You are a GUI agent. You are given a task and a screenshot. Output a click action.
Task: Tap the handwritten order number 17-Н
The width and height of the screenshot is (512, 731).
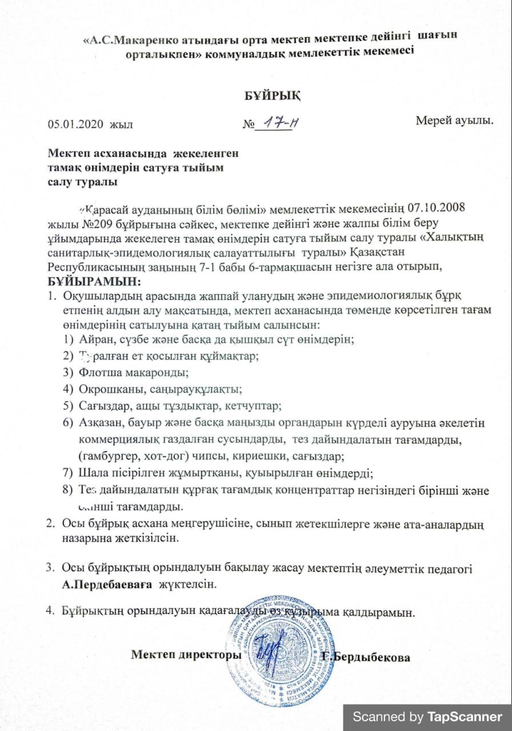pos(273,122)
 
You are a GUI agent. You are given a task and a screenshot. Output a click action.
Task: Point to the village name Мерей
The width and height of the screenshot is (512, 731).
pos(435,121)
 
